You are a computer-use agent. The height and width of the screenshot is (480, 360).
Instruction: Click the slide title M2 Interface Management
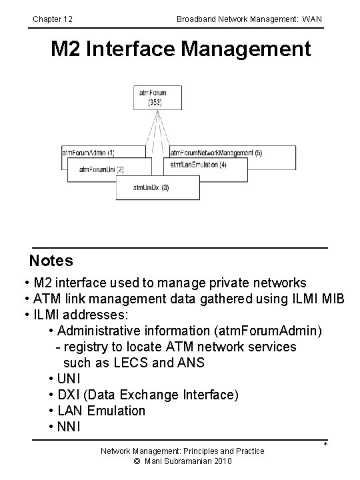[x=181, y=49]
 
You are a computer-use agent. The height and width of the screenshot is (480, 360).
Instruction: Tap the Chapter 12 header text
[x=53, y=19]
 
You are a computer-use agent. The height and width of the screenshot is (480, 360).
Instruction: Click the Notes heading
[x=51, y=261]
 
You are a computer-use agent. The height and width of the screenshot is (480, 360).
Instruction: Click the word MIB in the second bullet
[x=332, y=299]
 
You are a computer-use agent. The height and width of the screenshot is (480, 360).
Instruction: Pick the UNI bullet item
[x=69, y=379]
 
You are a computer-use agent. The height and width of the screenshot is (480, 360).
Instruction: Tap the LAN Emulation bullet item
[x=101, y=411]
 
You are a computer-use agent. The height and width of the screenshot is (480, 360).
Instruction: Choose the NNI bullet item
[x=69, y=427]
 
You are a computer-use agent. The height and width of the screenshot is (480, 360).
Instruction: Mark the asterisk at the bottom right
[x=325, y=445]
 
